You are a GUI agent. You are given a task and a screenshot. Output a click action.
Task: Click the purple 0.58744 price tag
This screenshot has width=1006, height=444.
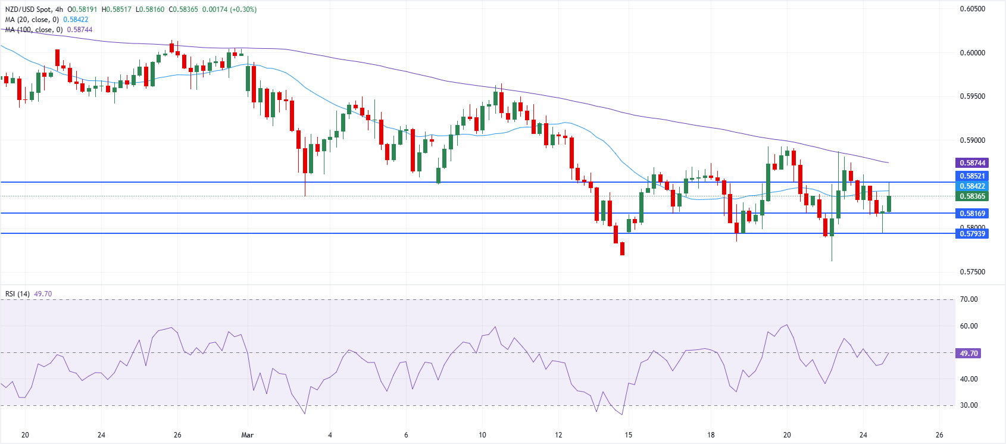tap(971, 162)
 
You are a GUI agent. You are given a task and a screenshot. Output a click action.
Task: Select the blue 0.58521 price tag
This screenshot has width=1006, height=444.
tap(971, 176)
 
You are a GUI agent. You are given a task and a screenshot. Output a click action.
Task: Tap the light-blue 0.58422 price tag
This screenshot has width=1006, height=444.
tap(971, 186)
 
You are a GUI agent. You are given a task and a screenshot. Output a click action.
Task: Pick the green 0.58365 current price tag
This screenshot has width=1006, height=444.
tap(971, 196)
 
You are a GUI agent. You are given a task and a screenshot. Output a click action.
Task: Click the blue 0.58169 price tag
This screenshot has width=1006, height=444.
tap(971, 213)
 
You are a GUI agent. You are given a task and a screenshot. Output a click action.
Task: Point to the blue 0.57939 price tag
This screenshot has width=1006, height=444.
tap(971, 234)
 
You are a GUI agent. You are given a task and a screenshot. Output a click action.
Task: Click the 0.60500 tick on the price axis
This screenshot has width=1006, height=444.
tap(972, 9)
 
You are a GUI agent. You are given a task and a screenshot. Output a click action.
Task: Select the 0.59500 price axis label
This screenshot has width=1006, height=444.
tap(972, 96)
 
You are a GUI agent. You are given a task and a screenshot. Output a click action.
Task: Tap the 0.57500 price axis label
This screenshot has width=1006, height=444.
tap(972, 272)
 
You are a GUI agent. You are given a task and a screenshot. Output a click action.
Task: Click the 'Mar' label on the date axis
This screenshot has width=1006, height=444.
tap(248, 435)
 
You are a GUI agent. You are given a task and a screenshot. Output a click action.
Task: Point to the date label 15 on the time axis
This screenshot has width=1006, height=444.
tap(628, 435)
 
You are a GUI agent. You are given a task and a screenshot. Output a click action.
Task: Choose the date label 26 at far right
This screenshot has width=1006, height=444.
tap(939, 435)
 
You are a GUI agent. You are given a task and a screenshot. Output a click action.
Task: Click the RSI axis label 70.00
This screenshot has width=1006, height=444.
tap(969, 299)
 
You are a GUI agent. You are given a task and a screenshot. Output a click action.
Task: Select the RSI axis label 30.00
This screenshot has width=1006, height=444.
tap(969, 405)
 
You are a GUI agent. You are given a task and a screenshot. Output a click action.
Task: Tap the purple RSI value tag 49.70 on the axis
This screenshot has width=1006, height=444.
tap(968, 354)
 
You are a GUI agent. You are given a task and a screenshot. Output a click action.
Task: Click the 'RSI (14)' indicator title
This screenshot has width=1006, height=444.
tap(17, 294)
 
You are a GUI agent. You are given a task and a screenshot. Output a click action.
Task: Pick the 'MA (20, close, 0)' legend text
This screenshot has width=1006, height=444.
tap(32, 20)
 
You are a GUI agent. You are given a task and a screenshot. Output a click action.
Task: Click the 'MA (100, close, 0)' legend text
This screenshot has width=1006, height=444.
tap(34, 30)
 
